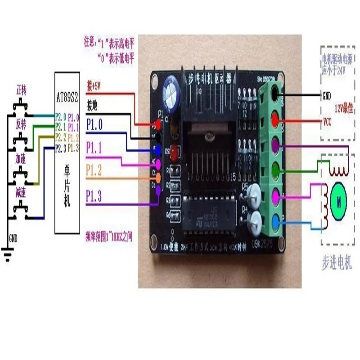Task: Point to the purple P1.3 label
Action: [94, 195]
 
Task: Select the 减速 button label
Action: [21, 194]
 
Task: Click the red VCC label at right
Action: [328, 122]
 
